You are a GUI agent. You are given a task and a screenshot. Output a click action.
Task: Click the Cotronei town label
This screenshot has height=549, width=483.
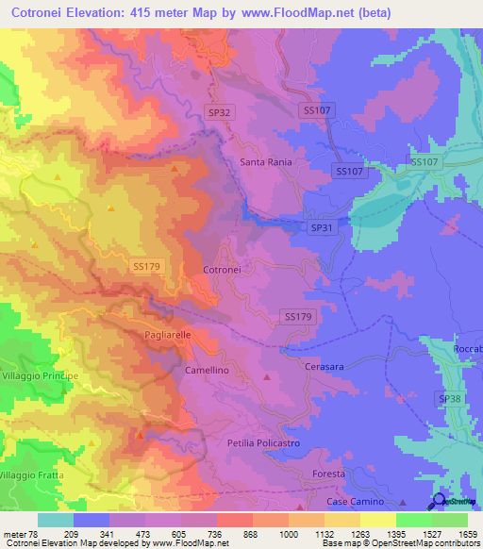point(223,270)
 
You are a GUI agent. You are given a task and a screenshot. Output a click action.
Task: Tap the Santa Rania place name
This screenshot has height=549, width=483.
point(266,162)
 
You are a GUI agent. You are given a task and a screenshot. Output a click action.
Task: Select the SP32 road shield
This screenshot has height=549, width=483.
point(219,112)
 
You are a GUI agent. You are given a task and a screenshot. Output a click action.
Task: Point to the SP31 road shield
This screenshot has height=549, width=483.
point(322,228)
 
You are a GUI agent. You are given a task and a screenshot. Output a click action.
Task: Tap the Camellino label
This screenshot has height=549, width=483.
point(207,371)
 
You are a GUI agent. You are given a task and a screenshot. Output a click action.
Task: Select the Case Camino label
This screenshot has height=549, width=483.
point(356,502)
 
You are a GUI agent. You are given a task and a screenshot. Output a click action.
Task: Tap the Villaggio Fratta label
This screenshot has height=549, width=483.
point(32,474)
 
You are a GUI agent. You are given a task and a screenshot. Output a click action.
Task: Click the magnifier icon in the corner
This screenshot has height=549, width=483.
point(439,502)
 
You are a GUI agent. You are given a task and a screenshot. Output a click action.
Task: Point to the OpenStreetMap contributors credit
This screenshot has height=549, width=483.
point(423,544)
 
